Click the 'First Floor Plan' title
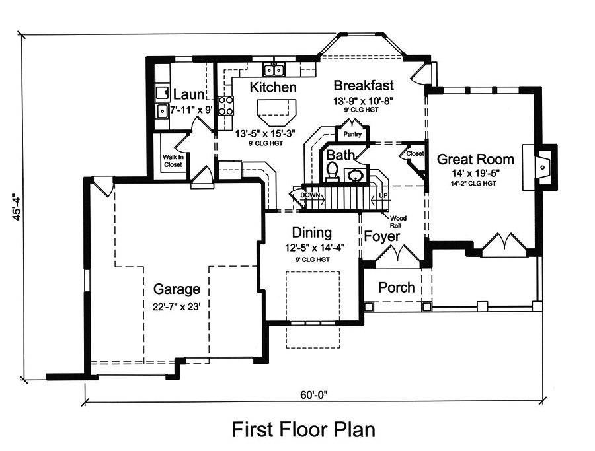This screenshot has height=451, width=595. tap(303, 429)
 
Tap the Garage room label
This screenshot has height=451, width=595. tap(177, 289)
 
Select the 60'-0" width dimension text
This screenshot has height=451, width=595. tap(313, 395)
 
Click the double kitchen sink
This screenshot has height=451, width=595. tap(273, 69)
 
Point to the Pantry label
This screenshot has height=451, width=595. tap(352, 135)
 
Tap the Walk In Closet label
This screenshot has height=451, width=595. tap(173, 161)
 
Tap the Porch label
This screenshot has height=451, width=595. tap(397, 287)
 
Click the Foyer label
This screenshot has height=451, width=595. tap(382, 236)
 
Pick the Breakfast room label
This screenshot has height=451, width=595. tap(364, 85)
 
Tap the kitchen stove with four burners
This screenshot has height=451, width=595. tap(226, 106)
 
